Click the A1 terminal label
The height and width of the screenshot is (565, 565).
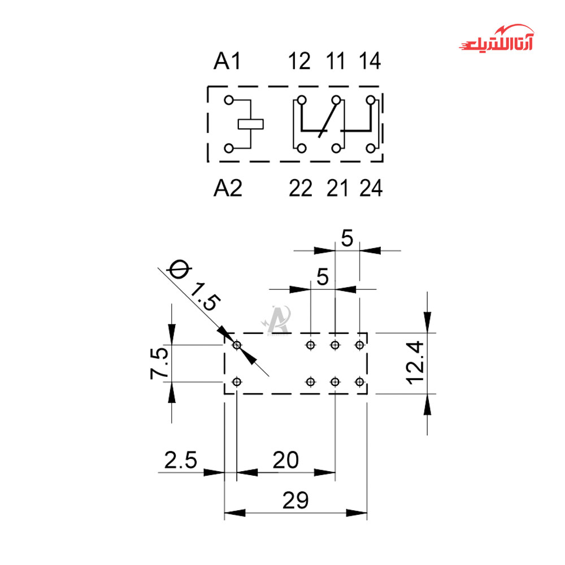pos(227,61)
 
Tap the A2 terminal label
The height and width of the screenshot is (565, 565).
pos(228,188)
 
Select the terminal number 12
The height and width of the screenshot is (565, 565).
pos(299,61)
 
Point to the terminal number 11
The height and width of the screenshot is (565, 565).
pos(336,61)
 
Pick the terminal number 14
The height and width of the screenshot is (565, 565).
pos(370,61)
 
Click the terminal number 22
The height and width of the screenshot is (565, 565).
pos(301,188)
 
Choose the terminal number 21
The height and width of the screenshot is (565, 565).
pos(337,188)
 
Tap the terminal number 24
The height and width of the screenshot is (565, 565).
pos(371,188)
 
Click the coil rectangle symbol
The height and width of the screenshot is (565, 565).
pos(251,124)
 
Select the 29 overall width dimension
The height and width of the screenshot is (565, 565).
pos(295,500)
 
